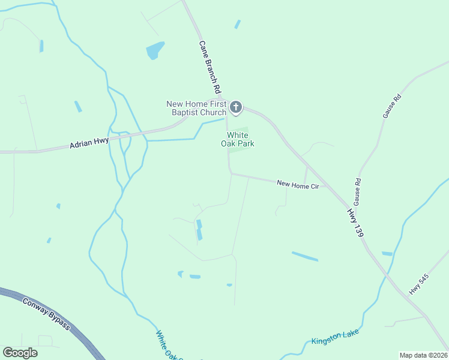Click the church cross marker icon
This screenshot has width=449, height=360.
pos(236,108)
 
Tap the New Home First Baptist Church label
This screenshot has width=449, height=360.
pos(196,108)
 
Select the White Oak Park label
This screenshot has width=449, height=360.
pos(240,139)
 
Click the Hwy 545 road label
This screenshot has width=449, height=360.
pos(419,284)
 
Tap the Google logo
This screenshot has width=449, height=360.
pos(20,352)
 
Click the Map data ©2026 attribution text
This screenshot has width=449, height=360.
pos(423,355)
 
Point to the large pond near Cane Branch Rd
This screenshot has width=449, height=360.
pos(154,50)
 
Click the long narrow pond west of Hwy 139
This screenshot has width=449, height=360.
pos(305,256)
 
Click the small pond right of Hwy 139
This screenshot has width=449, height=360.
pos(387,254)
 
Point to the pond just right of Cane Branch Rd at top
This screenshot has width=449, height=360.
pos(238,24)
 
